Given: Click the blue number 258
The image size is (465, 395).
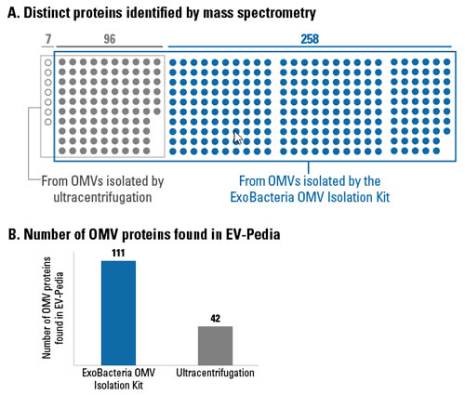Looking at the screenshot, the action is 310,39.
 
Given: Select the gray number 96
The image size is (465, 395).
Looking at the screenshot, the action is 110,39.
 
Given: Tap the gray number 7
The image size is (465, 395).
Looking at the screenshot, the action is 48,39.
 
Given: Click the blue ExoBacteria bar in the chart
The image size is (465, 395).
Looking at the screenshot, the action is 118,313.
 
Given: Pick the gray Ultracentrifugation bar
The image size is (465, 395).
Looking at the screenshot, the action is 215,346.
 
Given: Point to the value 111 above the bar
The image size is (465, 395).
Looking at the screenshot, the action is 118,253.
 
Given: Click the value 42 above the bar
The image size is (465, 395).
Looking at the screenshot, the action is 215,319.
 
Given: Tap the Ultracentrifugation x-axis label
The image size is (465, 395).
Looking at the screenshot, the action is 215,373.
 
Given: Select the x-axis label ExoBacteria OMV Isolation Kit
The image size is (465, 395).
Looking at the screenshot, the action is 118,379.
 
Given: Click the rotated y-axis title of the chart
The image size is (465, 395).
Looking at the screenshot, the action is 52,308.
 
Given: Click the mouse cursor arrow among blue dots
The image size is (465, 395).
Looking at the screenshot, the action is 238,138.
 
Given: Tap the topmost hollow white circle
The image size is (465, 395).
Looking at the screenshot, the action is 48,62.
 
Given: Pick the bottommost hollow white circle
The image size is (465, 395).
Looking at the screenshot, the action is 48,122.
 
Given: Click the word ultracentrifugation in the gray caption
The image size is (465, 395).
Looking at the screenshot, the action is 102,197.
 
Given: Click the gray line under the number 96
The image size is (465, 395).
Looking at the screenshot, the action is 110,47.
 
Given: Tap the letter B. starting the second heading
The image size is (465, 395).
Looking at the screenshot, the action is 14,234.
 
